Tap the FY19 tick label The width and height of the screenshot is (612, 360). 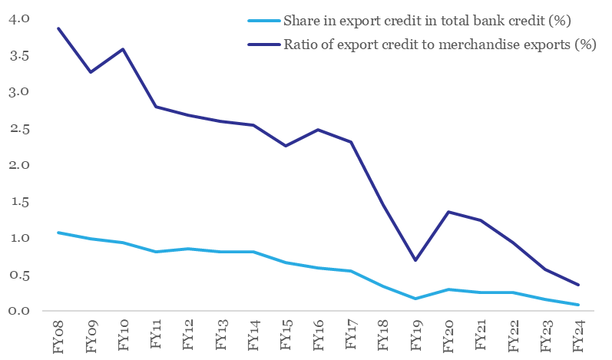tap(415, 335)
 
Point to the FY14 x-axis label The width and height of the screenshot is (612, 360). tap(253, 335)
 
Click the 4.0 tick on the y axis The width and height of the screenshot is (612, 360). tap(19, 18)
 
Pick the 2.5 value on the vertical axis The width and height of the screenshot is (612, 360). tap(19, 128)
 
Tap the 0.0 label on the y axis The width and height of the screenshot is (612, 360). tap(19, 311)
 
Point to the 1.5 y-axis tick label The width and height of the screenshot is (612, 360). tap(19, 201)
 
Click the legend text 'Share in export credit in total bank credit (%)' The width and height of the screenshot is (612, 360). tap(427, 19)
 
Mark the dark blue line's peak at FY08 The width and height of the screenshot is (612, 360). tap(58, 28)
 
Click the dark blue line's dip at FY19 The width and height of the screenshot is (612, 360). tap(415, 260)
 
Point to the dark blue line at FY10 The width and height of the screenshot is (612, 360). tap(124, 49)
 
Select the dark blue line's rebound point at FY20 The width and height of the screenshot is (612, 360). tap(448, 211)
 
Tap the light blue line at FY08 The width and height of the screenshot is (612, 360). tap(58, 232)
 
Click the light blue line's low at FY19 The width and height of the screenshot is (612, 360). tap(415, 298)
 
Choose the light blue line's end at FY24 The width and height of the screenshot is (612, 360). tap(577, 305)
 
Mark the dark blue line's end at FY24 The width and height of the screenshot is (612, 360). tap(577, 285)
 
